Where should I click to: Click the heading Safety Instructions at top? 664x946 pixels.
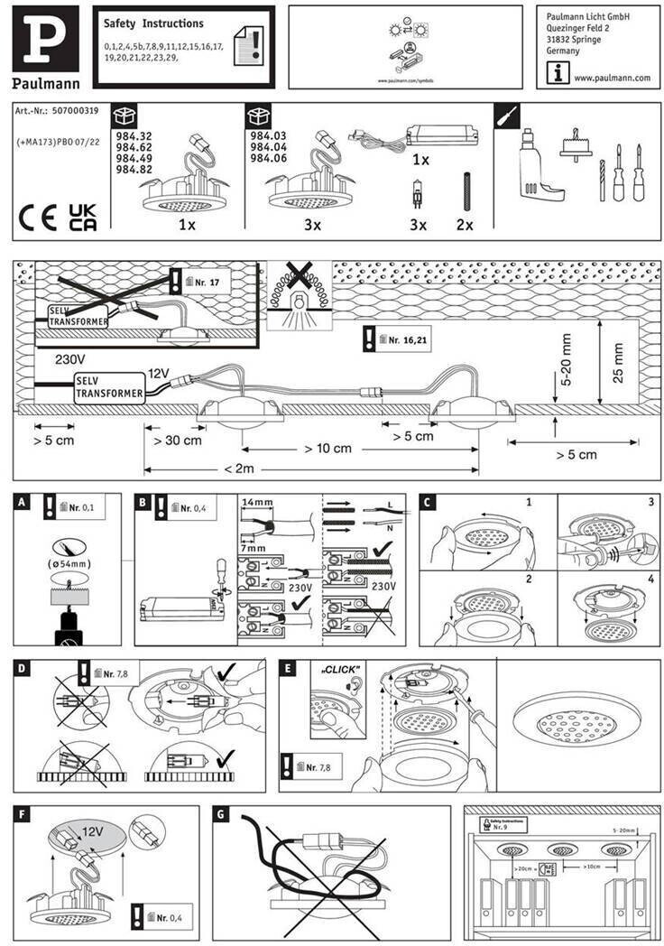pyautogui.click(x=153, y=23)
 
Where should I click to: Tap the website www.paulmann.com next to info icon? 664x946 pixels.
pyautogui.click(x=612, y=78)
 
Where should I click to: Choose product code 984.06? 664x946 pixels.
pyautogui.click(x=268, y=158)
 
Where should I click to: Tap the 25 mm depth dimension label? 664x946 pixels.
pyautogui.click(x=618, y=361)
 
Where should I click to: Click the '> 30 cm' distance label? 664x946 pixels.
pyautogui.click(x=177, y=441)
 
